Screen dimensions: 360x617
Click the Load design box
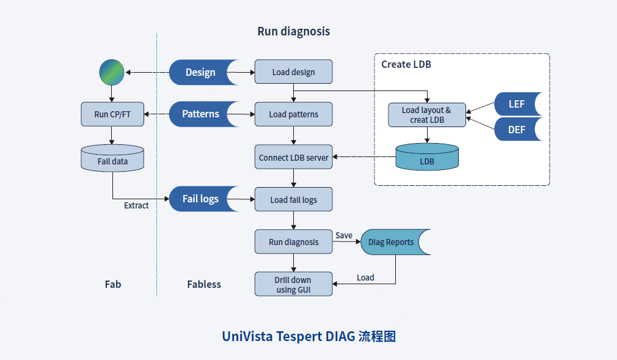(x=293, y=72)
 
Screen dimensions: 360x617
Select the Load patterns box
(x=293, y=114)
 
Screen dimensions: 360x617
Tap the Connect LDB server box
(x=293, y=157)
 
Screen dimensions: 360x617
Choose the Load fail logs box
(x=293, y=199)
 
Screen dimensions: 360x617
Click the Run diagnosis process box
(x=293, y=241)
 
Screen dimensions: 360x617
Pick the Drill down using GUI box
(x=293, y=284)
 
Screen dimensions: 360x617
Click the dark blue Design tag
(x=202, y=72)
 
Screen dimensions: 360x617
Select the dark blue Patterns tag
(x=202, y=114)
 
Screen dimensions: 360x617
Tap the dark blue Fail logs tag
(x=202, y=199)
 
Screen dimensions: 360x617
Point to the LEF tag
(x=516, y=104)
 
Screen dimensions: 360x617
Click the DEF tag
(x=516, y=130)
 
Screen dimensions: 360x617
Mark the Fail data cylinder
(x=112, y=158)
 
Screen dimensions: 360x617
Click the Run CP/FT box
(x=112, y=114)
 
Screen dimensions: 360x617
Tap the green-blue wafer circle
(x=112, y=72)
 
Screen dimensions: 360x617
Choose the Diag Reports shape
(x=393, y=242)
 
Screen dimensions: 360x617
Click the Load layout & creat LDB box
(x=426, y=115)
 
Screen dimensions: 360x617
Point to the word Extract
(x=136, y=205)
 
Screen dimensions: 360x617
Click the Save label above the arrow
(x=344, y=235)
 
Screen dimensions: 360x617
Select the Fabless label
(x=204, y=284)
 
